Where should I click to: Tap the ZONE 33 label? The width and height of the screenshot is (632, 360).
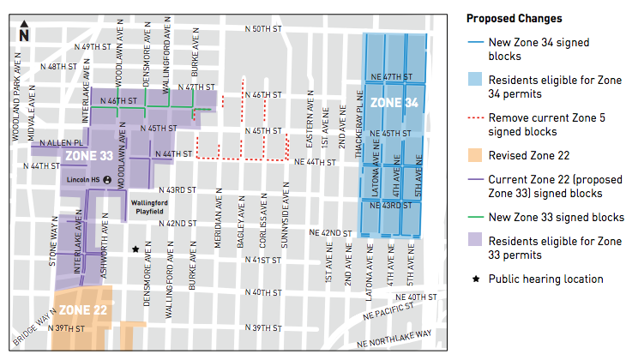click(89, 156)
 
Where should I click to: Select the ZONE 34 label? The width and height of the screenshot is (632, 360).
click(394, 103)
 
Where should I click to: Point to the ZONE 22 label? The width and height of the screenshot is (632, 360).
click(83, 309)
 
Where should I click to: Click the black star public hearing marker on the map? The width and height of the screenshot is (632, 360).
click(135, 250)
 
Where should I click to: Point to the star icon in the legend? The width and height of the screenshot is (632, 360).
click(475, 279)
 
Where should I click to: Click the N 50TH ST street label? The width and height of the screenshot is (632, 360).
click(263, 28)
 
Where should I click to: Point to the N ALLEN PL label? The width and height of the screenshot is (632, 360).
click(66, 142)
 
